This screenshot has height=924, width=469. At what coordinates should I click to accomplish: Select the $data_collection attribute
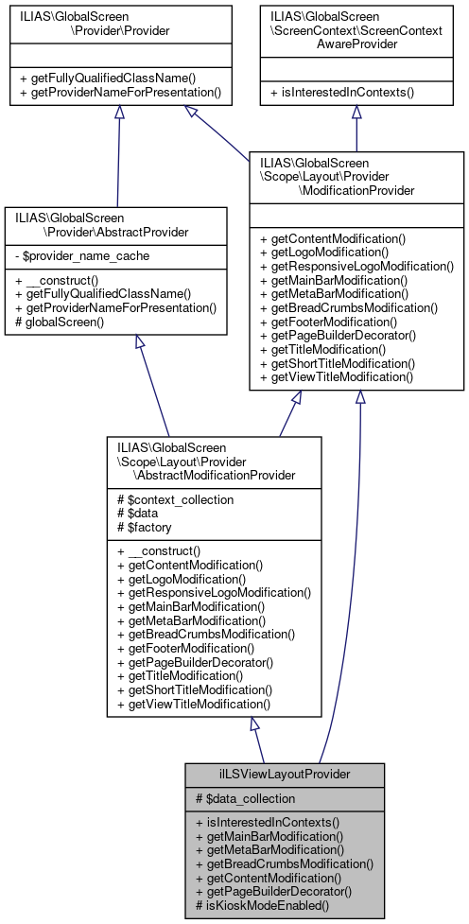[245, 798]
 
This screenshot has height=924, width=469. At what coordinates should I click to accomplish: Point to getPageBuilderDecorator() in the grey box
[272, 891]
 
